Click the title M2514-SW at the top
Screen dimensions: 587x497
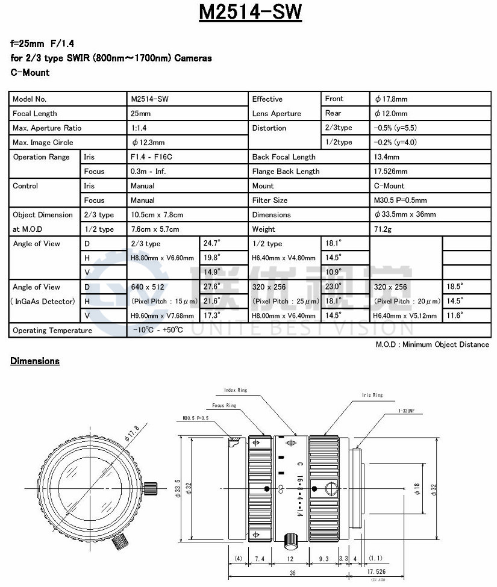coord(249,12)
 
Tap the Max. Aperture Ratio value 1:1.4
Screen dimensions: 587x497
coord(140,128)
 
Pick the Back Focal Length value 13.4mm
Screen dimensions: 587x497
coord(386,157)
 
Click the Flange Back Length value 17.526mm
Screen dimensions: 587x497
coord(390,171)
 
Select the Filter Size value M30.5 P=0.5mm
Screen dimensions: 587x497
coord(400,200)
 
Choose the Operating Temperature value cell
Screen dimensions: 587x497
coord(158,330)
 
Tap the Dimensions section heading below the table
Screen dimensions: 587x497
coord(35,361)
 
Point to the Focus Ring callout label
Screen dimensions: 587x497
coord(223,405)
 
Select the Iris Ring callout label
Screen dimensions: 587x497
coord(372,395)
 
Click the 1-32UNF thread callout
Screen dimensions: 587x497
coord(406,411)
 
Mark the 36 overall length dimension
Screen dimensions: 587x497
coord(292,573)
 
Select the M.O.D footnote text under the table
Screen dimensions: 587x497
coord(432,344)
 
